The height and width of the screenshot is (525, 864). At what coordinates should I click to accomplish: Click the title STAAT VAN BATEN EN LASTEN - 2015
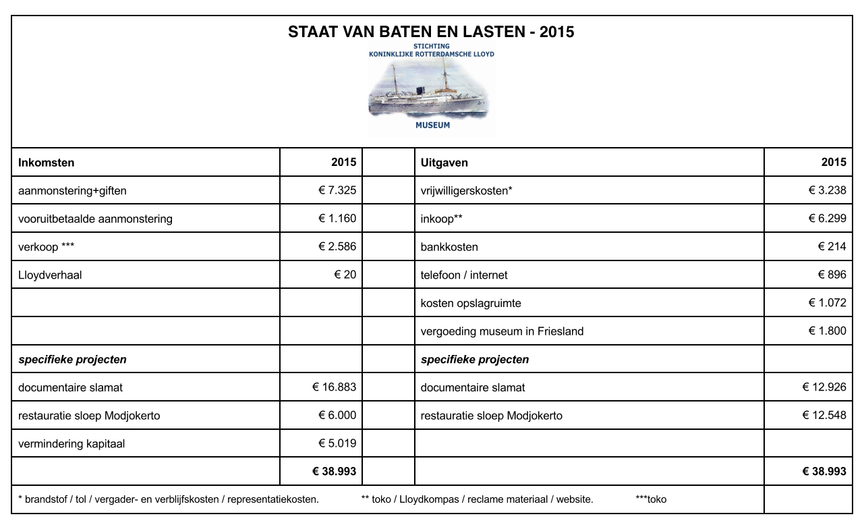(431, 32)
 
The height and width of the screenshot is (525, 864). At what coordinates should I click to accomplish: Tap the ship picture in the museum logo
(431, 91)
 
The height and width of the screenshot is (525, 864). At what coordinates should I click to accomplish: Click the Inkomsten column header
(47, 163)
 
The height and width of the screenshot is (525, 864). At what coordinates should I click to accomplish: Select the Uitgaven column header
(444, 163)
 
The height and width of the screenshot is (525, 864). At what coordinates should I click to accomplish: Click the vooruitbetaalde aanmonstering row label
(95, 219)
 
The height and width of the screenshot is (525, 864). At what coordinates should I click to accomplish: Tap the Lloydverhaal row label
(50, 275)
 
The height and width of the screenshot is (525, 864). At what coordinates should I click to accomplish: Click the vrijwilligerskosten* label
(466, 191)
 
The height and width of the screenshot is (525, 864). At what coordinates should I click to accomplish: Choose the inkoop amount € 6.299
(827, 219)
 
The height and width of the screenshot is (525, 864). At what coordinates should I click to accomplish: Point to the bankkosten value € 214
(832, 247)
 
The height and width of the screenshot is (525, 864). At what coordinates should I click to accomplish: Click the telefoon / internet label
(463, 275)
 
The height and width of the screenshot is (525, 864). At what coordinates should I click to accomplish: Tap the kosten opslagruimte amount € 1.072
(827, 303)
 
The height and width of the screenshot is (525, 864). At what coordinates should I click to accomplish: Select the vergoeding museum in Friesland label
(502, 331)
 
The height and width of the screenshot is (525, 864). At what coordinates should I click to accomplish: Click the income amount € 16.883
(334, 387)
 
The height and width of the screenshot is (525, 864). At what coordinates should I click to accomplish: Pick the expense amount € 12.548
(824, 416)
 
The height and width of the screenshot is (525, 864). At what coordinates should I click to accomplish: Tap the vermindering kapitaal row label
(71, 444)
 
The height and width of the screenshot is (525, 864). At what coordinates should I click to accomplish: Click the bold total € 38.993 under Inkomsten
(334, 472)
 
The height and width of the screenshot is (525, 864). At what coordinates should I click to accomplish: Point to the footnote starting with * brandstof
(169, 500)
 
